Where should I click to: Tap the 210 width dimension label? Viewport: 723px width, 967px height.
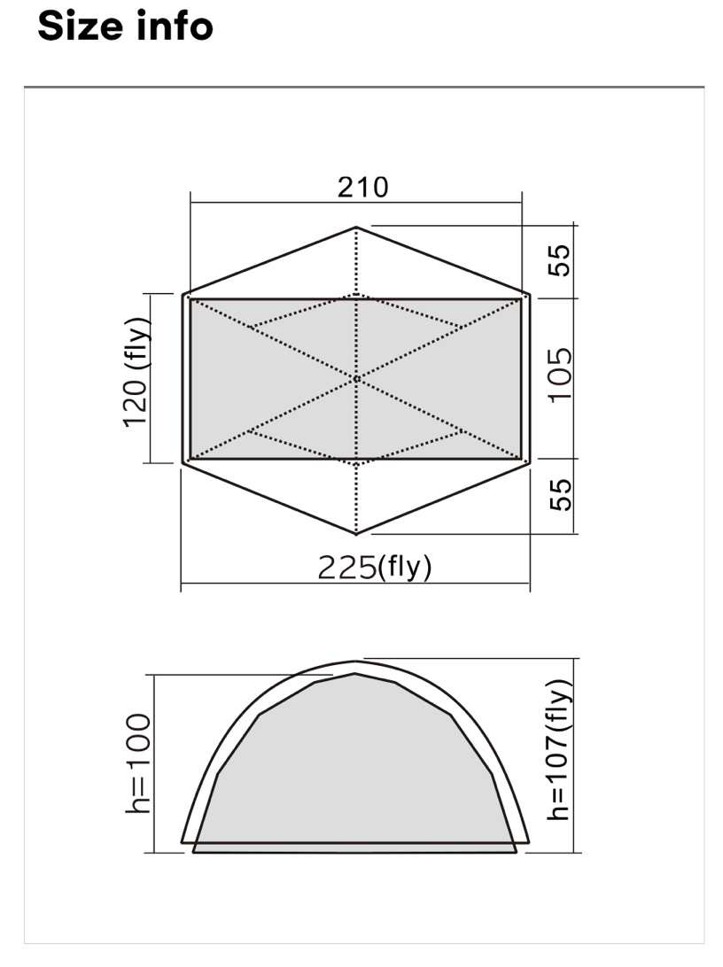point(362,188)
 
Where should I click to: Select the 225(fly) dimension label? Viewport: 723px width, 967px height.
point(375,567)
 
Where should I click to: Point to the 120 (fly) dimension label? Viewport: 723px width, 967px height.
point(136,372)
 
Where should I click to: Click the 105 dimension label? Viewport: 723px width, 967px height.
point(561,375)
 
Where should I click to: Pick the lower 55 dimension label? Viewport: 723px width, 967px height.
point(561,495)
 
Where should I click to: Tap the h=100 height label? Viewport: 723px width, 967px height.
point(137,762)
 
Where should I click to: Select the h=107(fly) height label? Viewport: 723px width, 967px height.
point(559,750)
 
